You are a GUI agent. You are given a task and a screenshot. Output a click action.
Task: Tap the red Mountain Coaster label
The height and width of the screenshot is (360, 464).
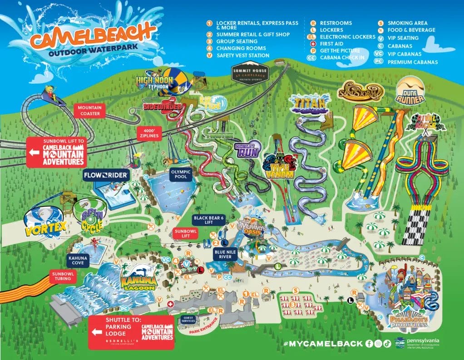pyautogui.click(x=89, y=110)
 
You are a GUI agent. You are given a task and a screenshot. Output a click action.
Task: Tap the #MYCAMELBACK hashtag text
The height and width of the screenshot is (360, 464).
pyautogui.click(x=323, y=344)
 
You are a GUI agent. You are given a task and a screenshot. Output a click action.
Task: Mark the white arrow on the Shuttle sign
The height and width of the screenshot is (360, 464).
pyautogui.click(x=96, y=331)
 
